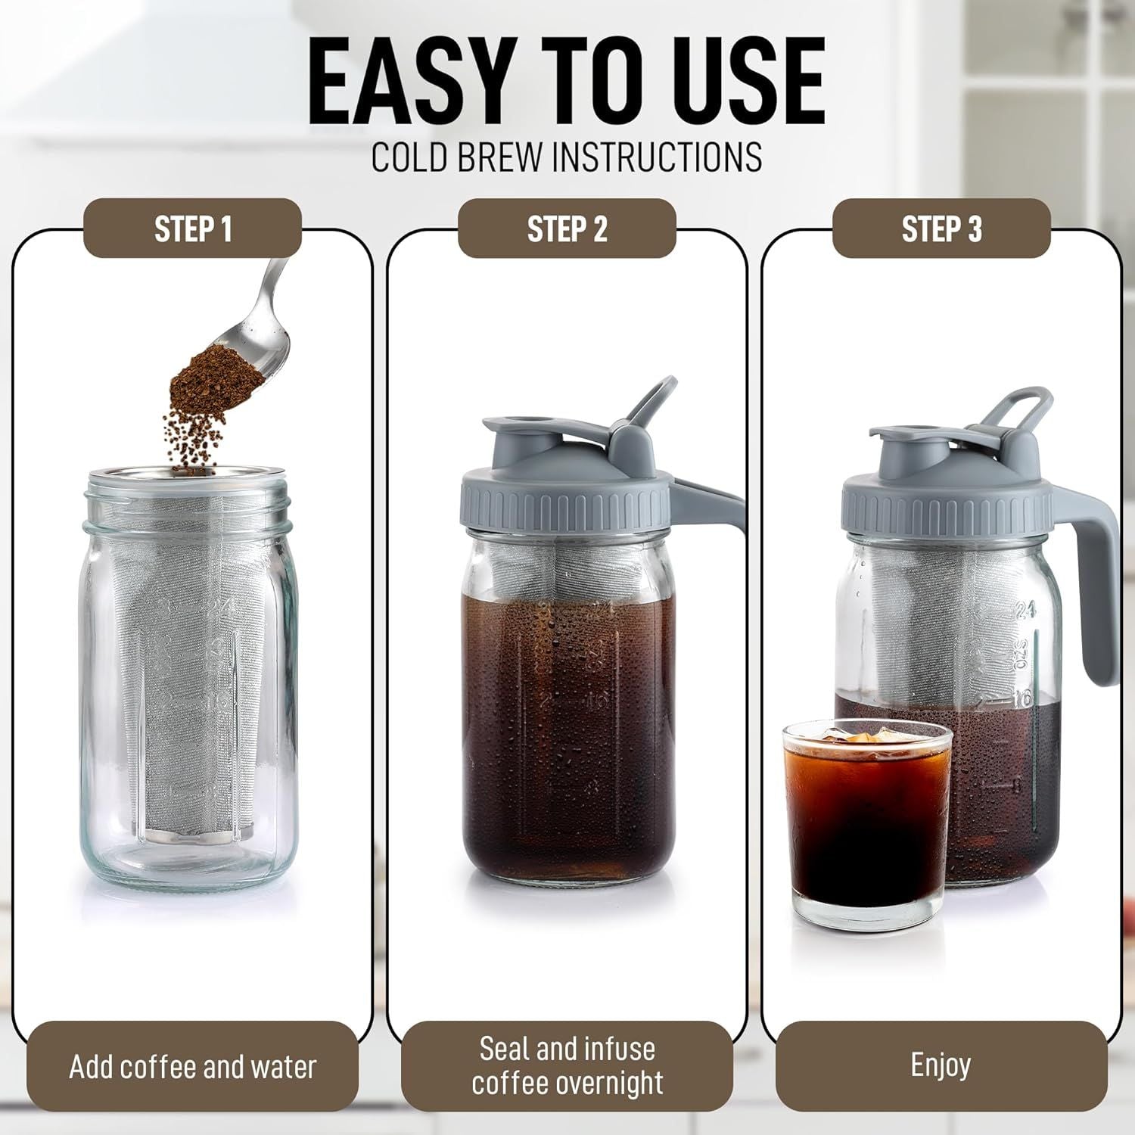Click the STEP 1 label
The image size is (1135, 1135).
point(192,229)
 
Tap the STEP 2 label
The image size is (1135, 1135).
point(567,229)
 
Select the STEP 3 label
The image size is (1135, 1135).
point(941,229)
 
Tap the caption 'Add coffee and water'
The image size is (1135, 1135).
point(192,1067)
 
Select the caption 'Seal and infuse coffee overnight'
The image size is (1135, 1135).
point(567,1066)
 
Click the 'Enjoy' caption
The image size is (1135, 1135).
point(941,1065)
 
